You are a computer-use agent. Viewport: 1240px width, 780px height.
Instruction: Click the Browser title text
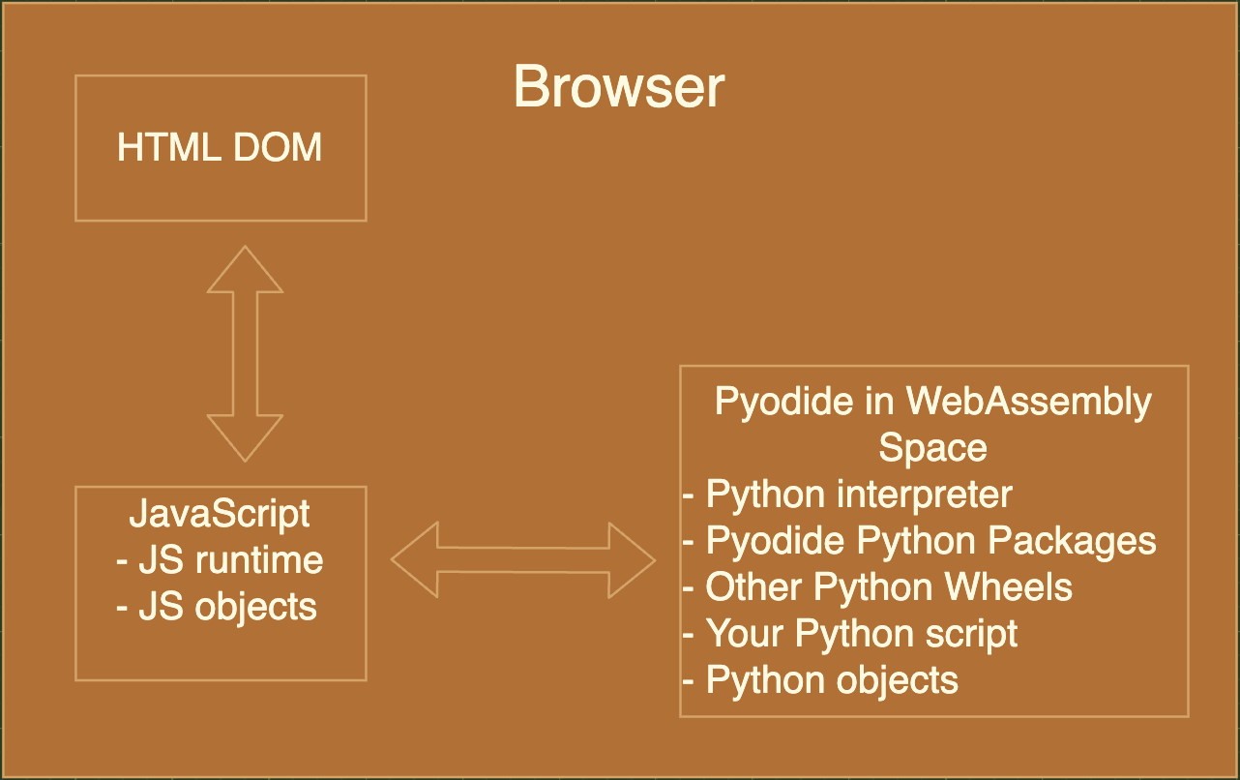[619, 88]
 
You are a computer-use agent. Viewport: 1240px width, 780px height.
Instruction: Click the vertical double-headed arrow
[246, 353]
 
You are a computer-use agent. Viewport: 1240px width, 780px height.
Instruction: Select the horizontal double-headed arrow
[523, 559]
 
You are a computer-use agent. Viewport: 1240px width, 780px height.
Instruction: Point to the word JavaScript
[220, 513]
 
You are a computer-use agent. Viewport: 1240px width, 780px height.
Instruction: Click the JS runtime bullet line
[220, 559]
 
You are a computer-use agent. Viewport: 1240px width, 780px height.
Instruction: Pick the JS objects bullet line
[217, 606]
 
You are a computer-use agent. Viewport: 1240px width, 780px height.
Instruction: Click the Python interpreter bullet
[847, 495]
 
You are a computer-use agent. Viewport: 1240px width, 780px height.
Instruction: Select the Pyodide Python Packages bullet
[919, 540]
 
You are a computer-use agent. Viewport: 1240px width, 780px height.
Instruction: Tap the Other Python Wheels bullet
[877, 586]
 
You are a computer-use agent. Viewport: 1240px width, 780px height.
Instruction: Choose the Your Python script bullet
[850, 633]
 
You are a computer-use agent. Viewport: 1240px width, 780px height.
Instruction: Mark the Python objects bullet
[820, 679]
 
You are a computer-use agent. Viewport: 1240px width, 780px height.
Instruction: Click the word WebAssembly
[1028, 401]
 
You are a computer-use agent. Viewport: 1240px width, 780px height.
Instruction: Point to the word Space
[932, 447]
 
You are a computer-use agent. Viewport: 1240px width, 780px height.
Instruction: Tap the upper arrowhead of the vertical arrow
[246, 270]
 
